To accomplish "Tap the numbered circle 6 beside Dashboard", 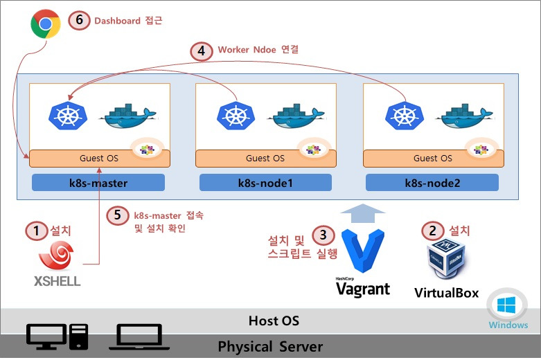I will (x=80, y=20).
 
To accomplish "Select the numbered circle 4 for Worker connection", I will (x=201, y=51).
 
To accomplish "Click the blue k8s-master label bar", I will (x=98, y=183).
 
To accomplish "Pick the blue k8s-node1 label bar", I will (x=265, y=183).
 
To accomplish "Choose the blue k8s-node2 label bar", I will (x=432, y=183).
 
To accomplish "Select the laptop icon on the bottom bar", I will (x=139, y=336).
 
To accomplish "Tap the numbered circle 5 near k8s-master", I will (x=118, y=215).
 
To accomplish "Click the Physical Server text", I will (x=270, y=346).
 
